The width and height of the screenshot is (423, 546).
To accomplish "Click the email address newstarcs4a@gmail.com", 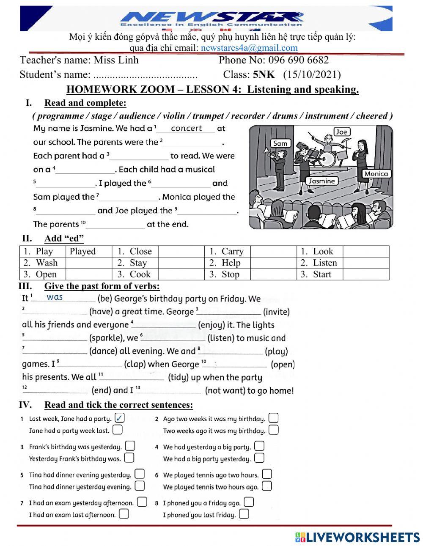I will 249,48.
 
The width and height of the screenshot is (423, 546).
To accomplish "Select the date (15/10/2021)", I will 312,75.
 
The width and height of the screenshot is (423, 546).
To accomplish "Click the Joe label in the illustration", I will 341,132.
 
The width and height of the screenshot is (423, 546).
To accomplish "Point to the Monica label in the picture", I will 376,174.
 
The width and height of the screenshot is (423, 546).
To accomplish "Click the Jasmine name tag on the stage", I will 322,181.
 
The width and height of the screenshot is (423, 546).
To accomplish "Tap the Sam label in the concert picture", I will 280,143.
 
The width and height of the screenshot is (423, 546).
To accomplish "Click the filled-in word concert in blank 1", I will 186,128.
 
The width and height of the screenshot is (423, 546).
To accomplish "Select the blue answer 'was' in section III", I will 55,297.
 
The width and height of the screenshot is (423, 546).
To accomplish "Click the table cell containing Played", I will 88,251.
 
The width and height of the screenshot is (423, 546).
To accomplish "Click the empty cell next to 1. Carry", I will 273,251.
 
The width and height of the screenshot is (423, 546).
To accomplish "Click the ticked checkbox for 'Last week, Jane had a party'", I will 120,418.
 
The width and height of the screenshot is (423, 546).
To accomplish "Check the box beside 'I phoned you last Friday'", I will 244,514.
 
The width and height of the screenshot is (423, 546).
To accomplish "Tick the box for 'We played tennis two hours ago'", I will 266,486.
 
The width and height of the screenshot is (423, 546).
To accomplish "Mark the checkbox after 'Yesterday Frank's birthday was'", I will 129,458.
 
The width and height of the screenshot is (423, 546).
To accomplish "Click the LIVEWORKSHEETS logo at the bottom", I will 357,537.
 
